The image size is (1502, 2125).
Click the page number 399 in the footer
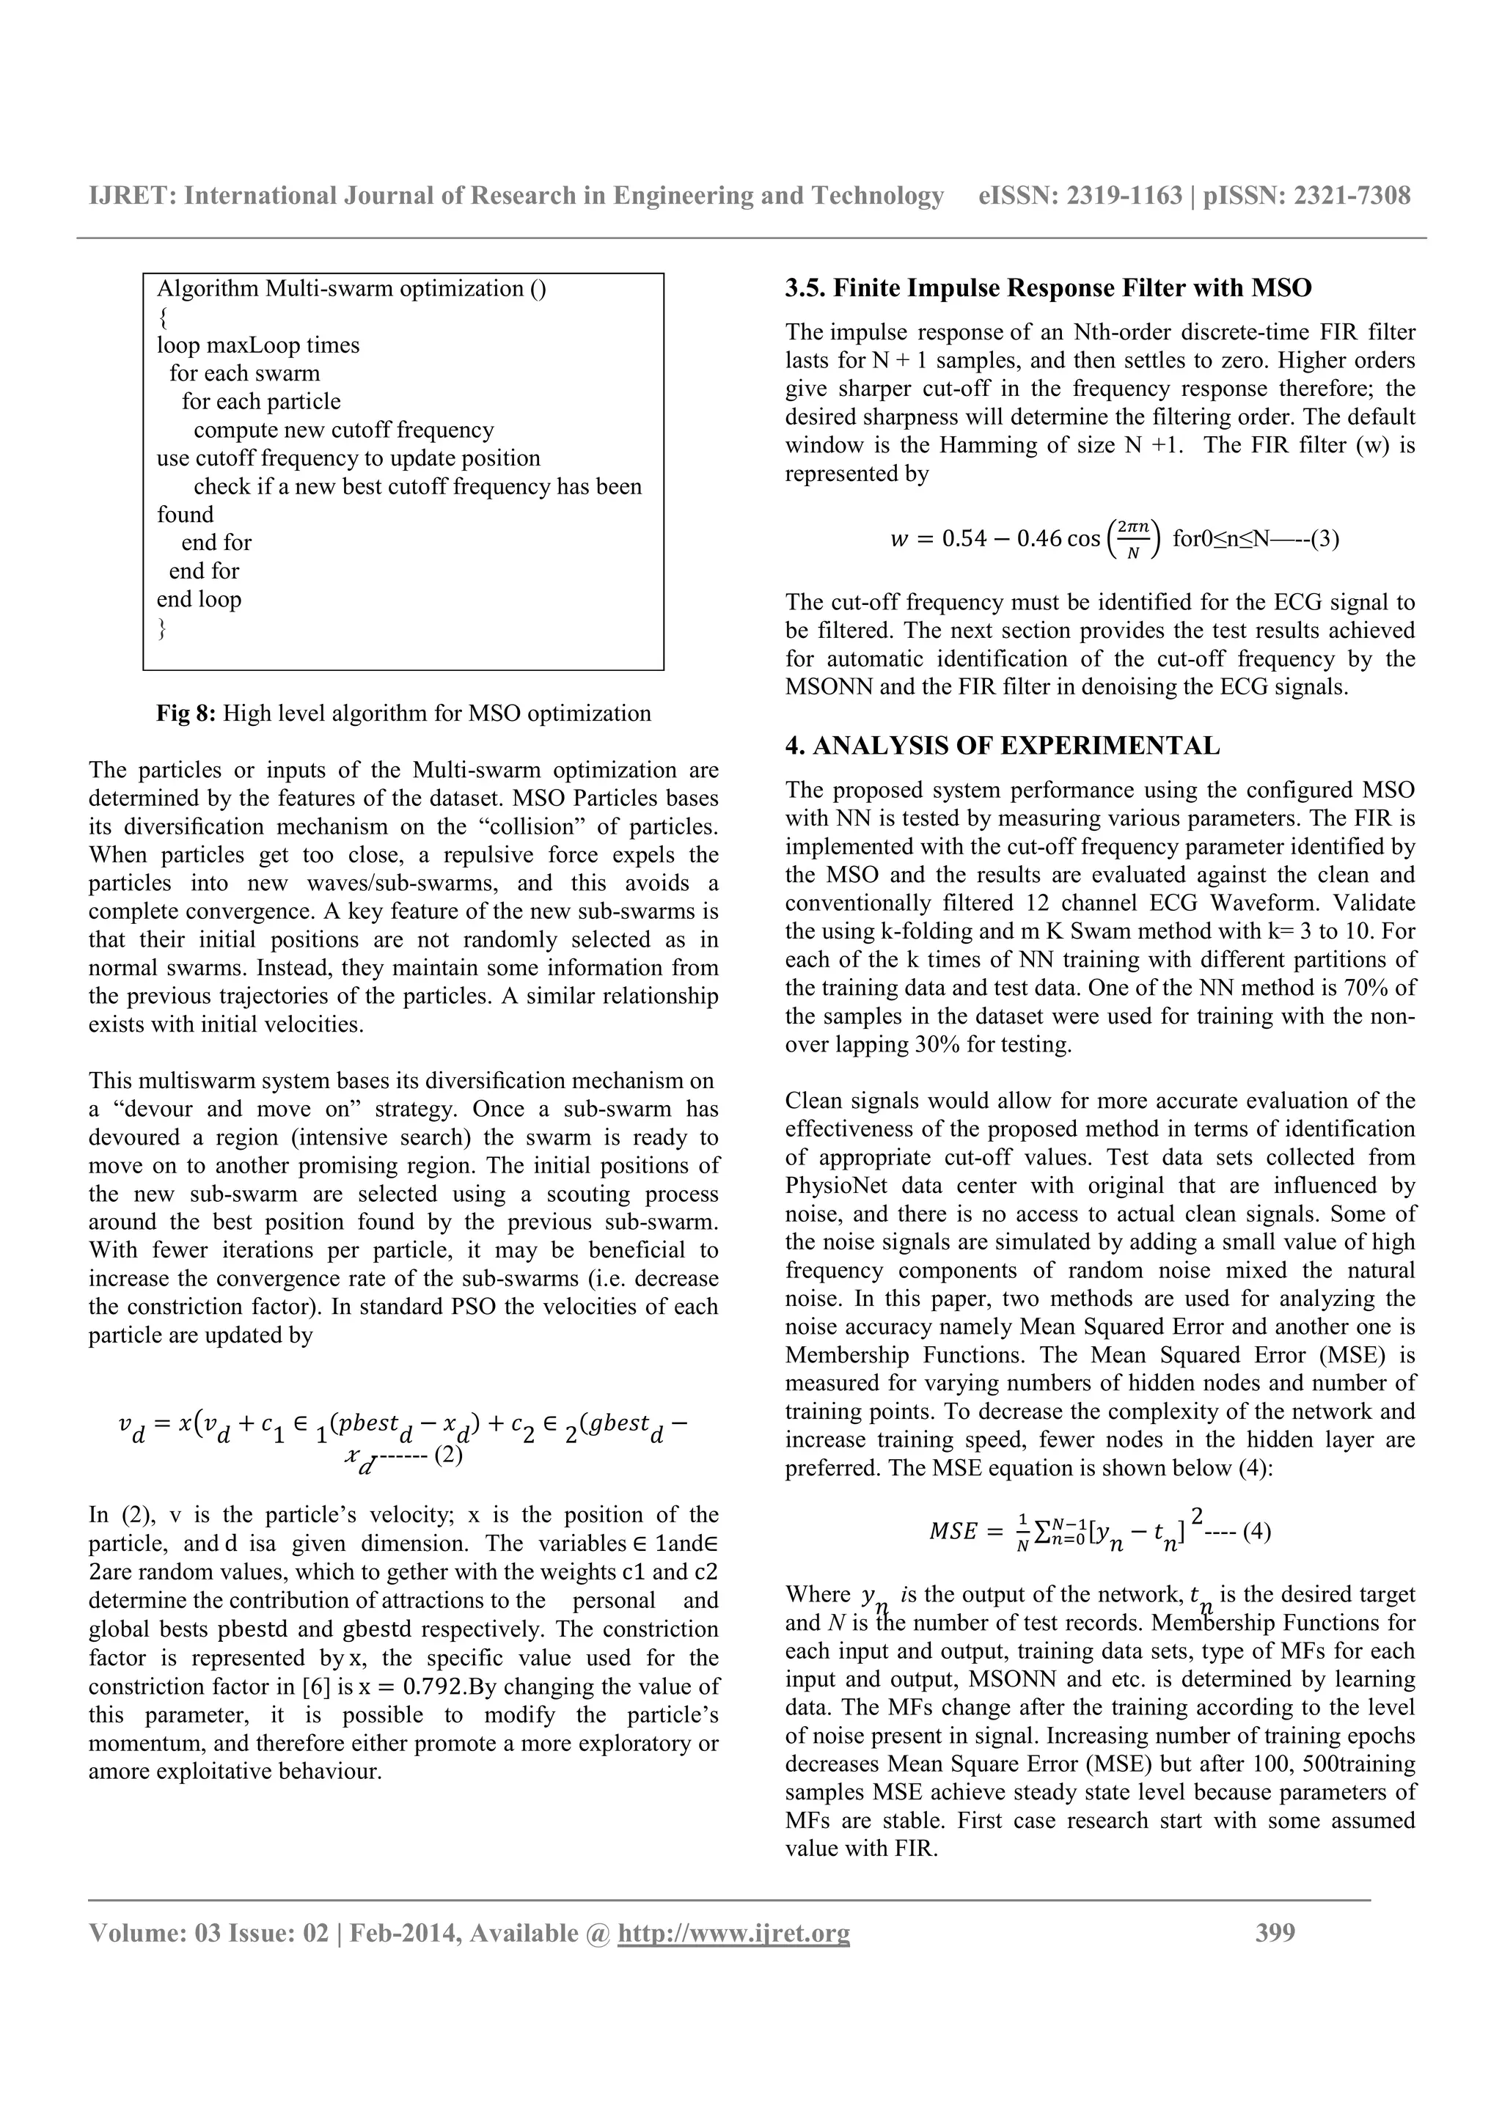1275,1932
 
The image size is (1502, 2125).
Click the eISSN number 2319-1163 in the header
1124,195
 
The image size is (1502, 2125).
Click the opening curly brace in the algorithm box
163,318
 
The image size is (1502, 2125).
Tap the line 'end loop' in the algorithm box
199,599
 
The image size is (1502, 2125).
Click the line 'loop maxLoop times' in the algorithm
258,345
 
